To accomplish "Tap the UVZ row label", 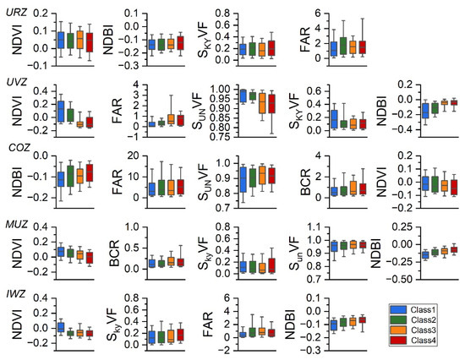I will (14, 84).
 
